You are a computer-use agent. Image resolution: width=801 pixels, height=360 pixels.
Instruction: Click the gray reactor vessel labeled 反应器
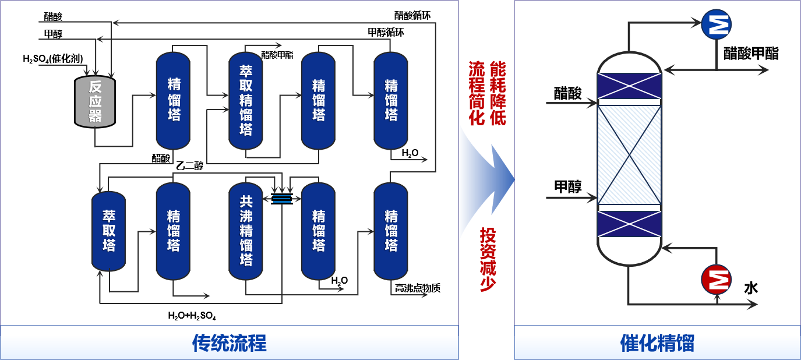(x=95, y=102)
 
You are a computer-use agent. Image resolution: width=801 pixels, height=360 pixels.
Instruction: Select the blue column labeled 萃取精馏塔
(x=246, y=100)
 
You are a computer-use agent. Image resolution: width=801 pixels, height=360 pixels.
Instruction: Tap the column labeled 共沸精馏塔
(x=246, y=231)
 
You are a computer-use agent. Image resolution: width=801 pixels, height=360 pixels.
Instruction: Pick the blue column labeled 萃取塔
(x=108, y=231)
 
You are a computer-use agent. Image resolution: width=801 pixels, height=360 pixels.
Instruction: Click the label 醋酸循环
(x=413, y=15)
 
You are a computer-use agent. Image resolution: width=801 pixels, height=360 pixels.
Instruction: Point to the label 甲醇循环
(x=386, y=33)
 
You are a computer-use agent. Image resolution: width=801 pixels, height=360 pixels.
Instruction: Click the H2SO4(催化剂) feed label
(x=52, y=58)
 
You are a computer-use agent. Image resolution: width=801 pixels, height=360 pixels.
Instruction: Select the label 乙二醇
(x=189, y=166)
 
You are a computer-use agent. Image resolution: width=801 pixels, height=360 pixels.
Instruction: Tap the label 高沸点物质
(x=417, y=288)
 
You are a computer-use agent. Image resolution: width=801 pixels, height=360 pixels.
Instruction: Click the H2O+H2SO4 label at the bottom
(x=192, y=316)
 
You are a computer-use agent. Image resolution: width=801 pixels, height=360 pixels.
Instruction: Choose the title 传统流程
(x=229, y=343)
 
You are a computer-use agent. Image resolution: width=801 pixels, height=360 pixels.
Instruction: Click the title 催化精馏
(x=657, y=343)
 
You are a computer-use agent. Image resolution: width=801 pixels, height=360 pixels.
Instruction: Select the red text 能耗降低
(x=497, y=93)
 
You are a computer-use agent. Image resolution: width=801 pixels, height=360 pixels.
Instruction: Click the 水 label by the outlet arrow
(x=751, y=288)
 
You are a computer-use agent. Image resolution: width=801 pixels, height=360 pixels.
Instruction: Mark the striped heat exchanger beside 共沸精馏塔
(x=282, y=199)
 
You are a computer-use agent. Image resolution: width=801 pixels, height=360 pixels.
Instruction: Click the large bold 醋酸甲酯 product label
(x=750, y=54)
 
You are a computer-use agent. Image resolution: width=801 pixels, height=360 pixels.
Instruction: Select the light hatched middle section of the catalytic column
(x=630, y=154)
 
